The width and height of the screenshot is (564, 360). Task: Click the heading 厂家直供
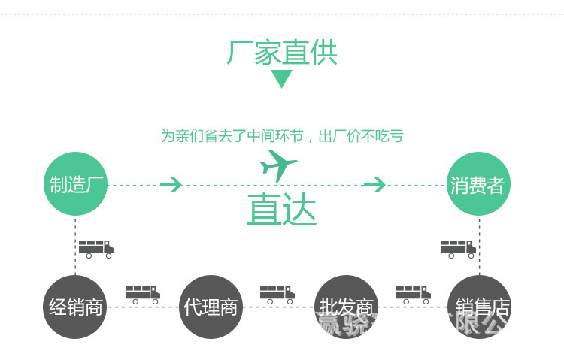pyautogui.click(x=282, y=53)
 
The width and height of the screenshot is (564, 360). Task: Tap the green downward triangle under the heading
pyautogui.click(x=281, y=78)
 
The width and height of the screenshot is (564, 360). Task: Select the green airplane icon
pyautogui.click(x=278, y=165)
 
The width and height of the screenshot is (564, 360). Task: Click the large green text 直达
pyautogui.click(x=282, y=210)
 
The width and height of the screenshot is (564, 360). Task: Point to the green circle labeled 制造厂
pyautogui.click(x=75, y=184)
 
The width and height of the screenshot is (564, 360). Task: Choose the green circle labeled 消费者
pyautogui.click(x=478, y=184)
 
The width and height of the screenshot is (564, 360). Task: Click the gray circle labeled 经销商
pyautogui.click(x=75, y=307)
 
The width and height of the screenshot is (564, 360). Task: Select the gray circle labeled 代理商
pyautogui.click(x=211, y=307)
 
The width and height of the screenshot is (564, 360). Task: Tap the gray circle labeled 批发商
pyautogui.click(x=346, y=307)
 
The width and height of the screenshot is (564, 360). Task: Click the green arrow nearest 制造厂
pyautogui.click(x=171, y=184)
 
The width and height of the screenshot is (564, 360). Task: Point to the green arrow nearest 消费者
pyautogui.click(x=374, y=184)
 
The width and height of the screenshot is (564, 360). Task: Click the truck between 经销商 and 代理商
pyautogui.click(x=142, y=294)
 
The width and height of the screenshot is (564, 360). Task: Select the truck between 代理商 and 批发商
pyautogui.click(x=277, y=294)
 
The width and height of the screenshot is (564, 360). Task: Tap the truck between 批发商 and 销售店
pyautogui.click(x=413, y=294)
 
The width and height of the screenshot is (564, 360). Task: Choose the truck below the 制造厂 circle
pyautogui.click(x=96, y=249)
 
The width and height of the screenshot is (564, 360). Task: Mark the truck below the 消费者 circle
pyautogui.click(x=458, y=249)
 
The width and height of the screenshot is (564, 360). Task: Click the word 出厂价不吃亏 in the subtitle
pyautogui.click(x=361, y=136)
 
